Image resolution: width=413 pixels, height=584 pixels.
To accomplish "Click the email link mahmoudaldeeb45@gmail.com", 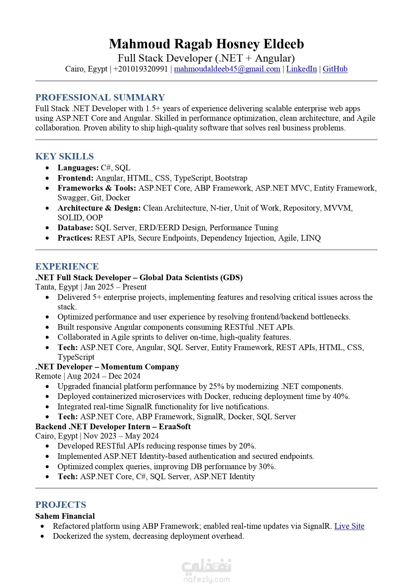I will tap(227, 69).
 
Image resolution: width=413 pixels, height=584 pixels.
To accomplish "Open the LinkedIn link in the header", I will tap(301, 69).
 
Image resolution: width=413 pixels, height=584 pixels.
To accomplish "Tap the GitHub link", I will tap(335, 69).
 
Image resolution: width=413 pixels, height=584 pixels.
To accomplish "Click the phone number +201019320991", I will tap(140, 69).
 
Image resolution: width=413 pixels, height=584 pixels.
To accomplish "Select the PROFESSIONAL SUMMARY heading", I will tap(100, 97).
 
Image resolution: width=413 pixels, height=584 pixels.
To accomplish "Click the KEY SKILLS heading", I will tap(65, 156).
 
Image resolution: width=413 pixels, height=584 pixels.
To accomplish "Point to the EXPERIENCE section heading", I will tap(67, 266).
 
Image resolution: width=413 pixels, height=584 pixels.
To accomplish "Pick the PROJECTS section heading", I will tap(61, 504).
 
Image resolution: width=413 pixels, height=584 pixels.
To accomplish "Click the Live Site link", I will tap(349, 526).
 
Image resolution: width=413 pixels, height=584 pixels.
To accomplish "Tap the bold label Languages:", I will tap(78, 168).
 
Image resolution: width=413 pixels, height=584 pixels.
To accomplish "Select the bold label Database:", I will tap(75, 228).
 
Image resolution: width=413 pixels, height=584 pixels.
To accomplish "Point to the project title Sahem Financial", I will tap(65, 516).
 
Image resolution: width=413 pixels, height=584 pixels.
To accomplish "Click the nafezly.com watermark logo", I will tap(206, 571).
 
